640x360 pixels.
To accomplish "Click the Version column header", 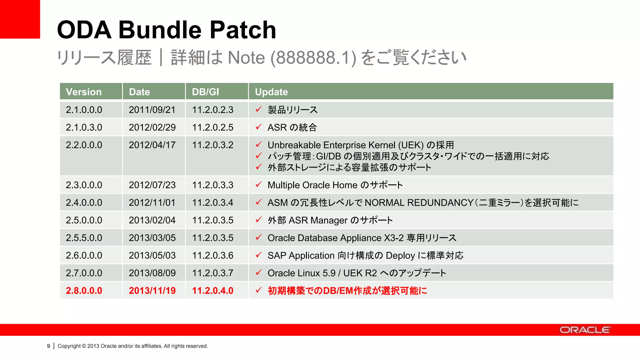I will pos(84,92).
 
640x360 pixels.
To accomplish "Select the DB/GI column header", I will pos(205,92).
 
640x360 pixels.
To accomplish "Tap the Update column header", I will pos(271,92).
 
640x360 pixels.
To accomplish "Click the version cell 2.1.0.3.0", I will pos(84,127).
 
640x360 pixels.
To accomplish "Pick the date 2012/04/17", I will pos(152,145).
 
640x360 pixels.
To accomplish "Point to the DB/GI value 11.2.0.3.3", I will pos(212,185).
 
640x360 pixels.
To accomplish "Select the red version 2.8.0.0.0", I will pos(84,291).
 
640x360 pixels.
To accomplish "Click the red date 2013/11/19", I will pos(152,291).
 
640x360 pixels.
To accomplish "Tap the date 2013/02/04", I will pos(152,220).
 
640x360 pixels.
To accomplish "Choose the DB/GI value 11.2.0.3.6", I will pos(212,255).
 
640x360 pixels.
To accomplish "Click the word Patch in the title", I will pos(242,30).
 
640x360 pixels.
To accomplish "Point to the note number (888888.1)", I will pos(313,58).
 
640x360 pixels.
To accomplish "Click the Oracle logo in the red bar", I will pos(584,330).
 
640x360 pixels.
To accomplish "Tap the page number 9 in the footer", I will pos(48,346).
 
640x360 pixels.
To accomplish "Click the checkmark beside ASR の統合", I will pos(258,127).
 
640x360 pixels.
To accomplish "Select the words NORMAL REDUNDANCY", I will pos(419,202).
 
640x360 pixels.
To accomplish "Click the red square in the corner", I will pos(20,19).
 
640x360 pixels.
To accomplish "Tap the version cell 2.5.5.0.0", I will pos(84,238).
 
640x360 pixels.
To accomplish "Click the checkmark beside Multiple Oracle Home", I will pos(258,184).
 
